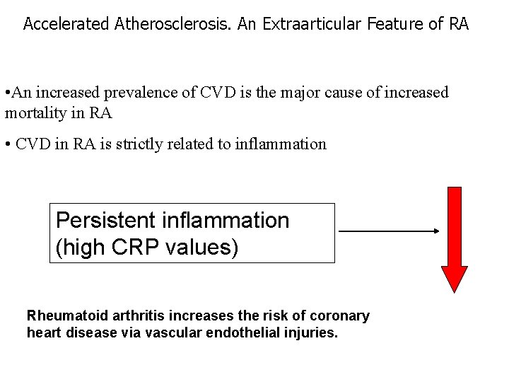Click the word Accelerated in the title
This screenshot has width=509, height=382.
click(65, 24)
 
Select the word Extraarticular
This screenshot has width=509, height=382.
click(310, 24)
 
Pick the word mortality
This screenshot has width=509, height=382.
click(35, 112)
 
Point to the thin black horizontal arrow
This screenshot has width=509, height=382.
click(389, 231)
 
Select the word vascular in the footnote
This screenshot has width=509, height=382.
click(182, 331)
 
